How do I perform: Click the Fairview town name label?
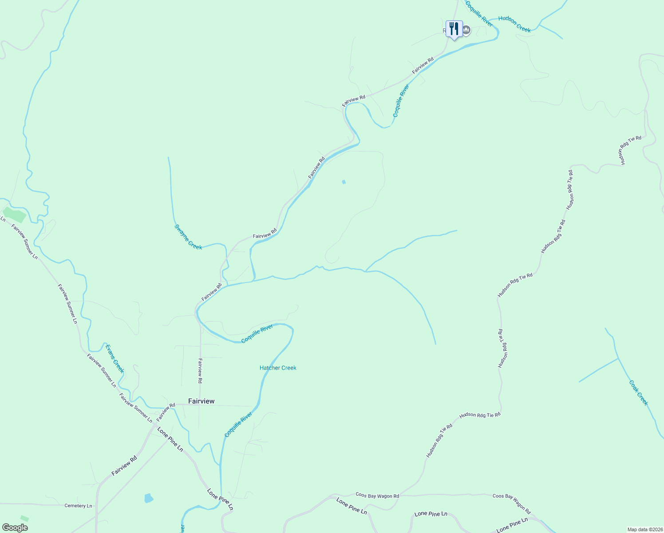coord(201,401)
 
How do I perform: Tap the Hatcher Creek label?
coord(278,368)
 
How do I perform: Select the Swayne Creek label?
coord(188,237)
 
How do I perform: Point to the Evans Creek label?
coord(115,358)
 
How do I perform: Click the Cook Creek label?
coord(639,393)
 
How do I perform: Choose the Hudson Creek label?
coord(514,24)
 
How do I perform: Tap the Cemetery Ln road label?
coord(78,506)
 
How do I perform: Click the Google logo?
coord(15,528)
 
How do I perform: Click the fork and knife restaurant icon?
coord(454,29)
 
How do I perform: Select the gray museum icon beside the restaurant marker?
coord(466,30)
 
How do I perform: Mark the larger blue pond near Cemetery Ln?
coord(149,498)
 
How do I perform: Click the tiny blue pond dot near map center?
coord(344,182)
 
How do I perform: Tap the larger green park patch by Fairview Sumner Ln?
coord(15,215)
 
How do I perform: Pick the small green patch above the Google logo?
coord(24,518)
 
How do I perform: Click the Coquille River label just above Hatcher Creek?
coord(257,334)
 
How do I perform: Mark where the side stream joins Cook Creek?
coord(618,358)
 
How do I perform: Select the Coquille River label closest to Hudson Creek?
coord(479,13)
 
